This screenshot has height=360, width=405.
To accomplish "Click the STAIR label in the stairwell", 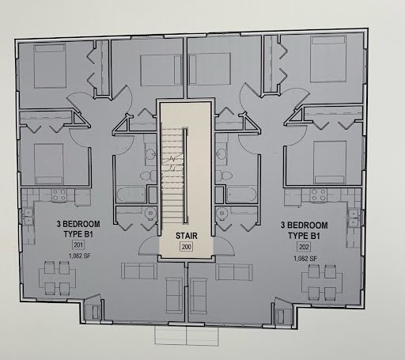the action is [187, 236].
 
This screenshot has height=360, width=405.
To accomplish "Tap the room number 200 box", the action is [187, 247].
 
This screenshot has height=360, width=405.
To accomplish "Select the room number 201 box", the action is [78, 245].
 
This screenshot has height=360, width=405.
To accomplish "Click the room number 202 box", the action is [304, 247].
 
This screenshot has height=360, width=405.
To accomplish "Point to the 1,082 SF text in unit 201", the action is [79, 256].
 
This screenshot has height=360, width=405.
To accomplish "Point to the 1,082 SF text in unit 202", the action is [305, 259].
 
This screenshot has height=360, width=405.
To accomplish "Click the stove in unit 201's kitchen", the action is [59, 195].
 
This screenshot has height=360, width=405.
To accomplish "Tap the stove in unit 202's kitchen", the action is [319, 195].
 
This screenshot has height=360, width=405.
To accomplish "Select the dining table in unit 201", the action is [57, 279].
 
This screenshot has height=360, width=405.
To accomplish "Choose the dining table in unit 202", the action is [322, 282].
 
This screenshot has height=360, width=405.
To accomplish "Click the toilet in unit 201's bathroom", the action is [149, 176].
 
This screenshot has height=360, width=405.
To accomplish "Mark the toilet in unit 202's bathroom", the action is [224, 175].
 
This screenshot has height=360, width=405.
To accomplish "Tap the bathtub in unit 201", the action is [131, 195].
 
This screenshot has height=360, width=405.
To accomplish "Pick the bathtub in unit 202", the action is [241, 195].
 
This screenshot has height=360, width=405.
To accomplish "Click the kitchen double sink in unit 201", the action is [28, 216].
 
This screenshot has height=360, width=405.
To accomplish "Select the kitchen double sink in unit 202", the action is [353, 218].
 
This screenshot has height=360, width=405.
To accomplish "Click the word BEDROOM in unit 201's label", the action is [81, 224].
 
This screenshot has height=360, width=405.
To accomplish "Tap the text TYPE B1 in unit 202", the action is [304, 236].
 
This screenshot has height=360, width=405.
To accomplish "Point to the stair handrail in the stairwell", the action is [185, 176].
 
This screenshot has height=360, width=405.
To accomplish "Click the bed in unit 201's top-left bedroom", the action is [50, 66].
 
